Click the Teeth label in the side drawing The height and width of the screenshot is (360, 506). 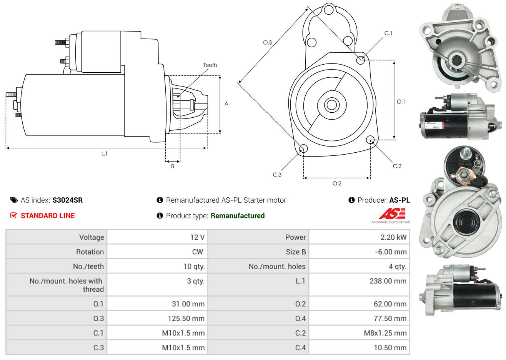tap(210, 65)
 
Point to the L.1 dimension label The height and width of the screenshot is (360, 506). tap(104, 153)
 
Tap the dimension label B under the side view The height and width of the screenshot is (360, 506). tap(173, 166)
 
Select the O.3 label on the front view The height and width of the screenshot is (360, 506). tap(268, 42)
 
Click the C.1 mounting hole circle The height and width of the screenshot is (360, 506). tap(361, 60)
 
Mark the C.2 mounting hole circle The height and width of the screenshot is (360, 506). tap(370, 140)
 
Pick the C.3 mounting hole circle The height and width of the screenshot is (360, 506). tap(303, 148)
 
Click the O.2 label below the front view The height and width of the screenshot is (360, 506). tap(337, 183)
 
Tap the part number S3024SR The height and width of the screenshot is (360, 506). tap(67, 200)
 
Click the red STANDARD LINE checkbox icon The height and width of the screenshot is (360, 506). tap(14, 215)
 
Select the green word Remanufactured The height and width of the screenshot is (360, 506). tap(238, 216)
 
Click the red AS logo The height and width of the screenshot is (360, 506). tap(392, 213)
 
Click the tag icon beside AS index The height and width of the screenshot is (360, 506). tap(14, 200)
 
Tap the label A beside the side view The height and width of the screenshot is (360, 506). tap(226, 104)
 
